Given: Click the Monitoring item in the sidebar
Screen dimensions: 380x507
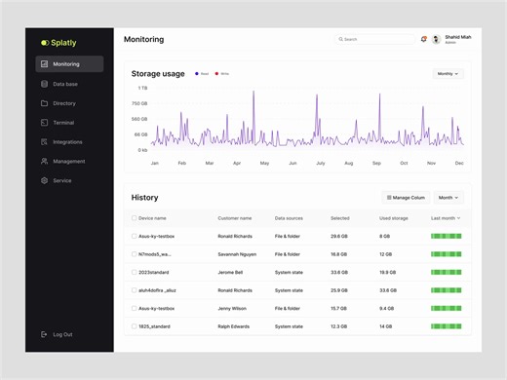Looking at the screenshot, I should click(x=69, y=64).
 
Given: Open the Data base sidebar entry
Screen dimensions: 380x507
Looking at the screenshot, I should click(x=65, y=84).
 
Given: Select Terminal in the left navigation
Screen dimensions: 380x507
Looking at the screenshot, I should click(x=63, y=123).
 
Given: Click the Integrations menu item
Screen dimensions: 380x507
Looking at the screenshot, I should click(x=67, y=142).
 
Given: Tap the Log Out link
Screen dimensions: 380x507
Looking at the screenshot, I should click(x=62, y=334).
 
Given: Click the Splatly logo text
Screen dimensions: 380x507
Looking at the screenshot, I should click(x=63, y=43).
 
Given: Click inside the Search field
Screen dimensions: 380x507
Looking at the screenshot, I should click(x=375, y=39).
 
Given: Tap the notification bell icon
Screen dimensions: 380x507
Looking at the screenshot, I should click(x=424, y=39).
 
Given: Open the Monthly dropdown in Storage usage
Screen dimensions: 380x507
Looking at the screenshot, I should click(x=448, y=73).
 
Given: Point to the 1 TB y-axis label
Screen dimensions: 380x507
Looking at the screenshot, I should click(x=142, y=88).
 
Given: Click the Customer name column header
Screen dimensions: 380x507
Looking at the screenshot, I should click(x=234, y=218).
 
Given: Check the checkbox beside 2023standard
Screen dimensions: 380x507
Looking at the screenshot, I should click(x=135, y=272).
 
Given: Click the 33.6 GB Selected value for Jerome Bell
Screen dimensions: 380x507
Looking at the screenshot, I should click(x=339, y=272).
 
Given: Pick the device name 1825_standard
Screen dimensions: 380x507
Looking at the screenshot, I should click(x=155, y=325).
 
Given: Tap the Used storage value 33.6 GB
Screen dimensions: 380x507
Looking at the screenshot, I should click(x=387, y=290).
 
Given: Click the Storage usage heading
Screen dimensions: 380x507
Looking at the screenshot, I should click(x=158, y=74).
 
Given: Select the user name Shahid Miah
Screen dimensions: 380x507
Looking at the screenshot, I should click(x=457, y=37).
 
